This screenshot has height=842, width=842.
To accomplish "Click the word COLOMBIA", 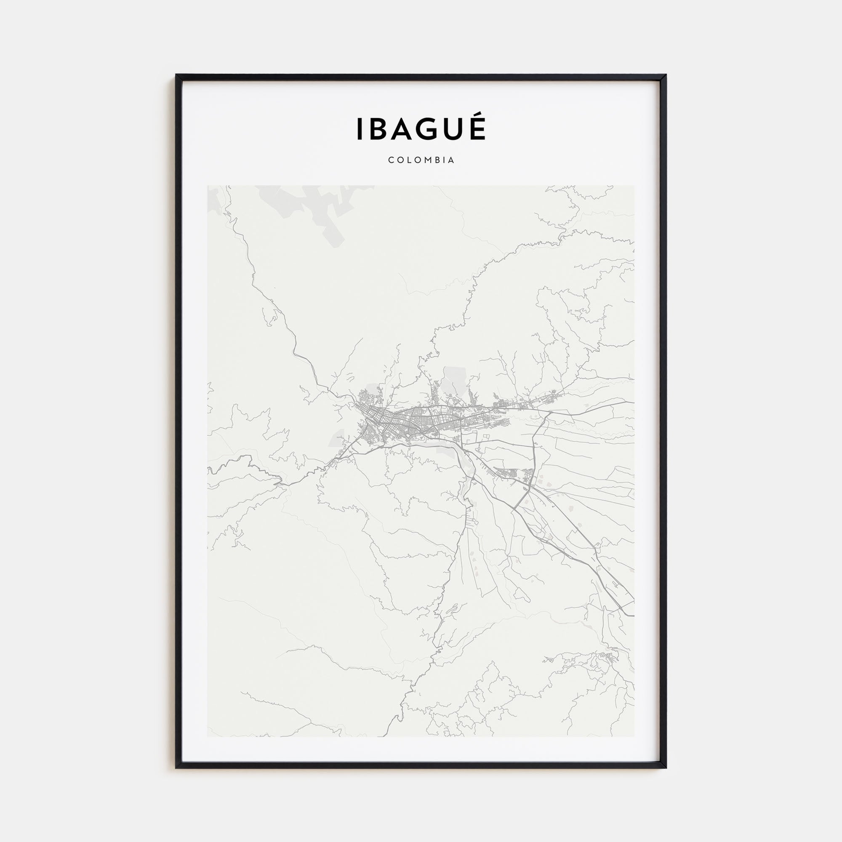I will tap(421, 160).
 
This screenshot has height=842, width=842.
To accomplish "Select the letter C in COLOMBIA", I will tap(391, 160).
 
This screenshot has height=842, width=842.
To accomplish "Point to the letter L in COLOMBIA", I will tap(408, 160).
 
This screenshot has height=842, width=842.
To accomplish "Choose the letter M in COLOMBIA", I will tap(427, 160).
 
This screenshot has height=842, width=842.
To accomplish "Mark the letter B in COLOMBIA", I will tap(437, 160).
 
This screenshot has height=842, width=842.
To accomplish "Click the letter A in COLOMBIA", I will tap(451, 160).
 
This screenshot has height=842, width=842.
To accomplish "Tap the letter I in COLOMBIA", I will tap(444, 160).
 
